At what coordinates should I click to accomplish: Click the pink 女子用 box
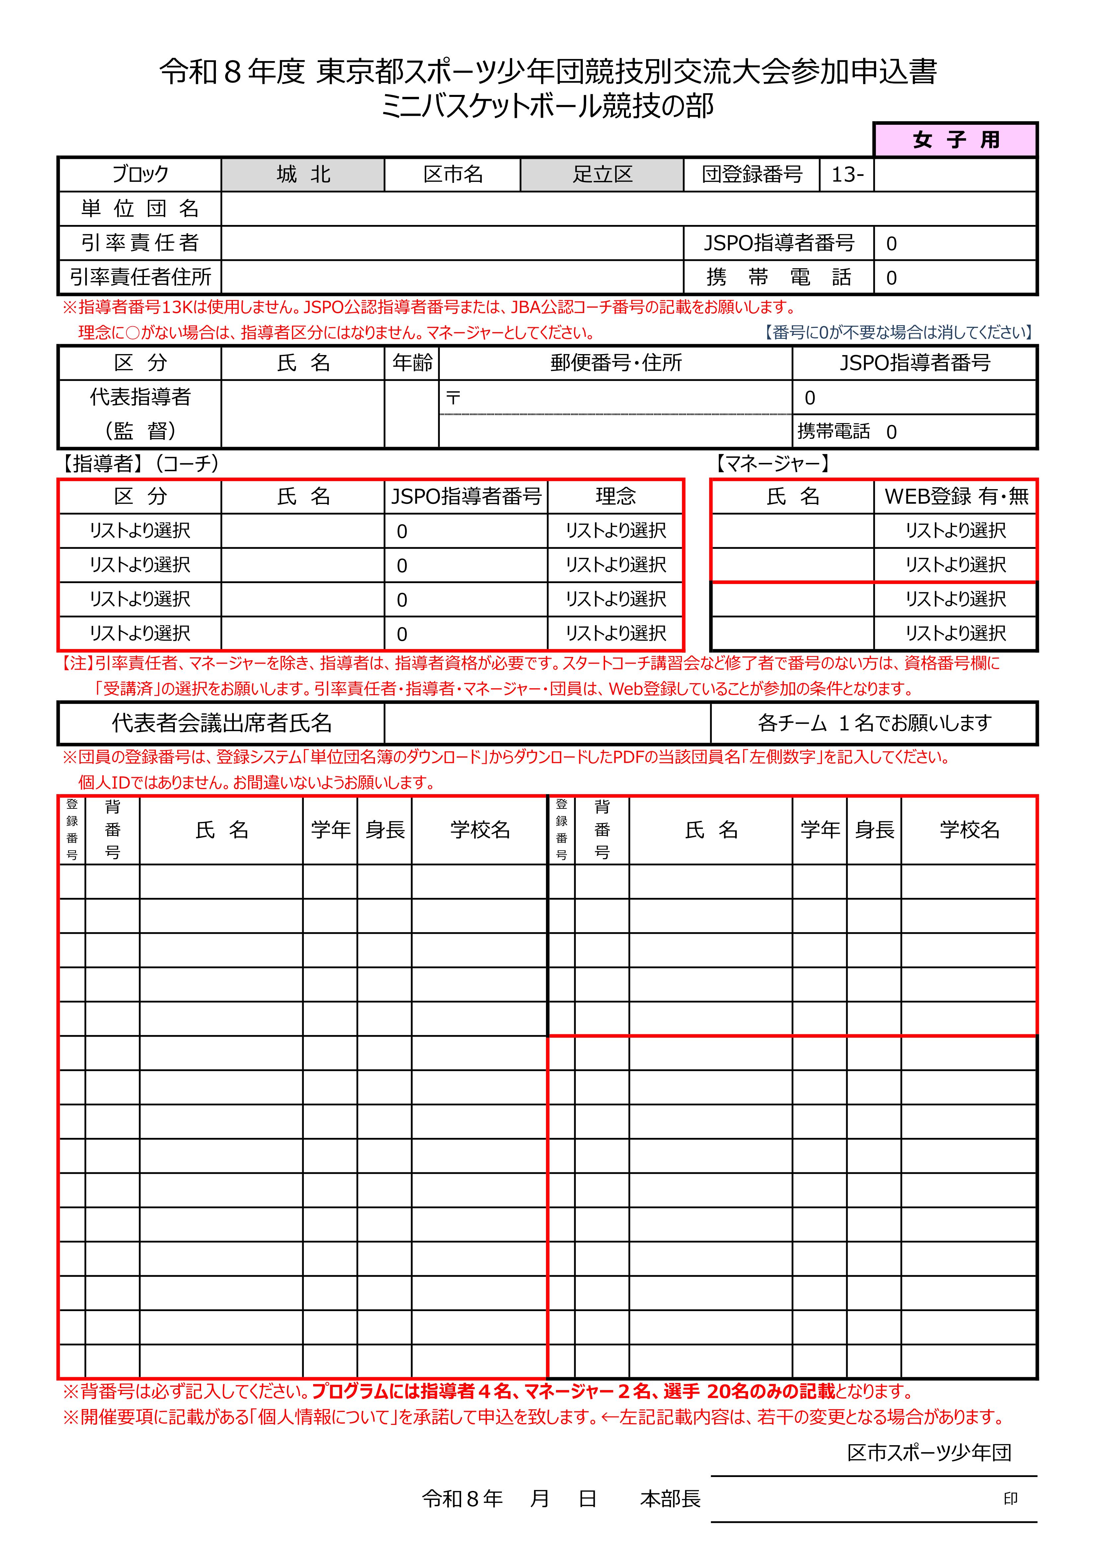pyautogui.click(x=955, y=140)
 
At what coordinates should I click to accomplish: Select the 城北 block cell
pyautogui.click(x=303, y=175)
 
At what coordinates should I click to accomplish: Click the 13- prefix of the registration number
pyautogui.click(x=847, y=175)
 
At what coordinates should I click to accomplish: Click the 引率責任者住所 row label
pyautogui.click(x=140, y=277)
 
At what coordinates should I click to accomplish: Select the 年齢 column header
pyautogui.click(x=412, y=363)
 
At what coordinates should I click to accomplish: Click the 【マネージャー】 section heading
pyautogui.click(x=773, y=464)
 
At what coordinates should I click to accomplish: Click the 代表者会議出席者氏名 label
pyautogui.click(x=222, y=723)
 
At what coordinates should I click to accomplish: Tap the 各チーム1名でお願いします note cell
pyautogui.click(x=874, y=723)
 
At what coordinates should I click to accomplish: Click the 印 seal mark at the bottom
pyautogui.click(x=1010, y=1499)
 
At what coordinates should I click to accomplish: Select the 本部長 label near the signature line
pyautogui.click(x=670, y=1499)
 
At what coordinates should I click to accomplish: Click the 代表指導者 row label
pyautogui.click(x=140, y=397)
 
